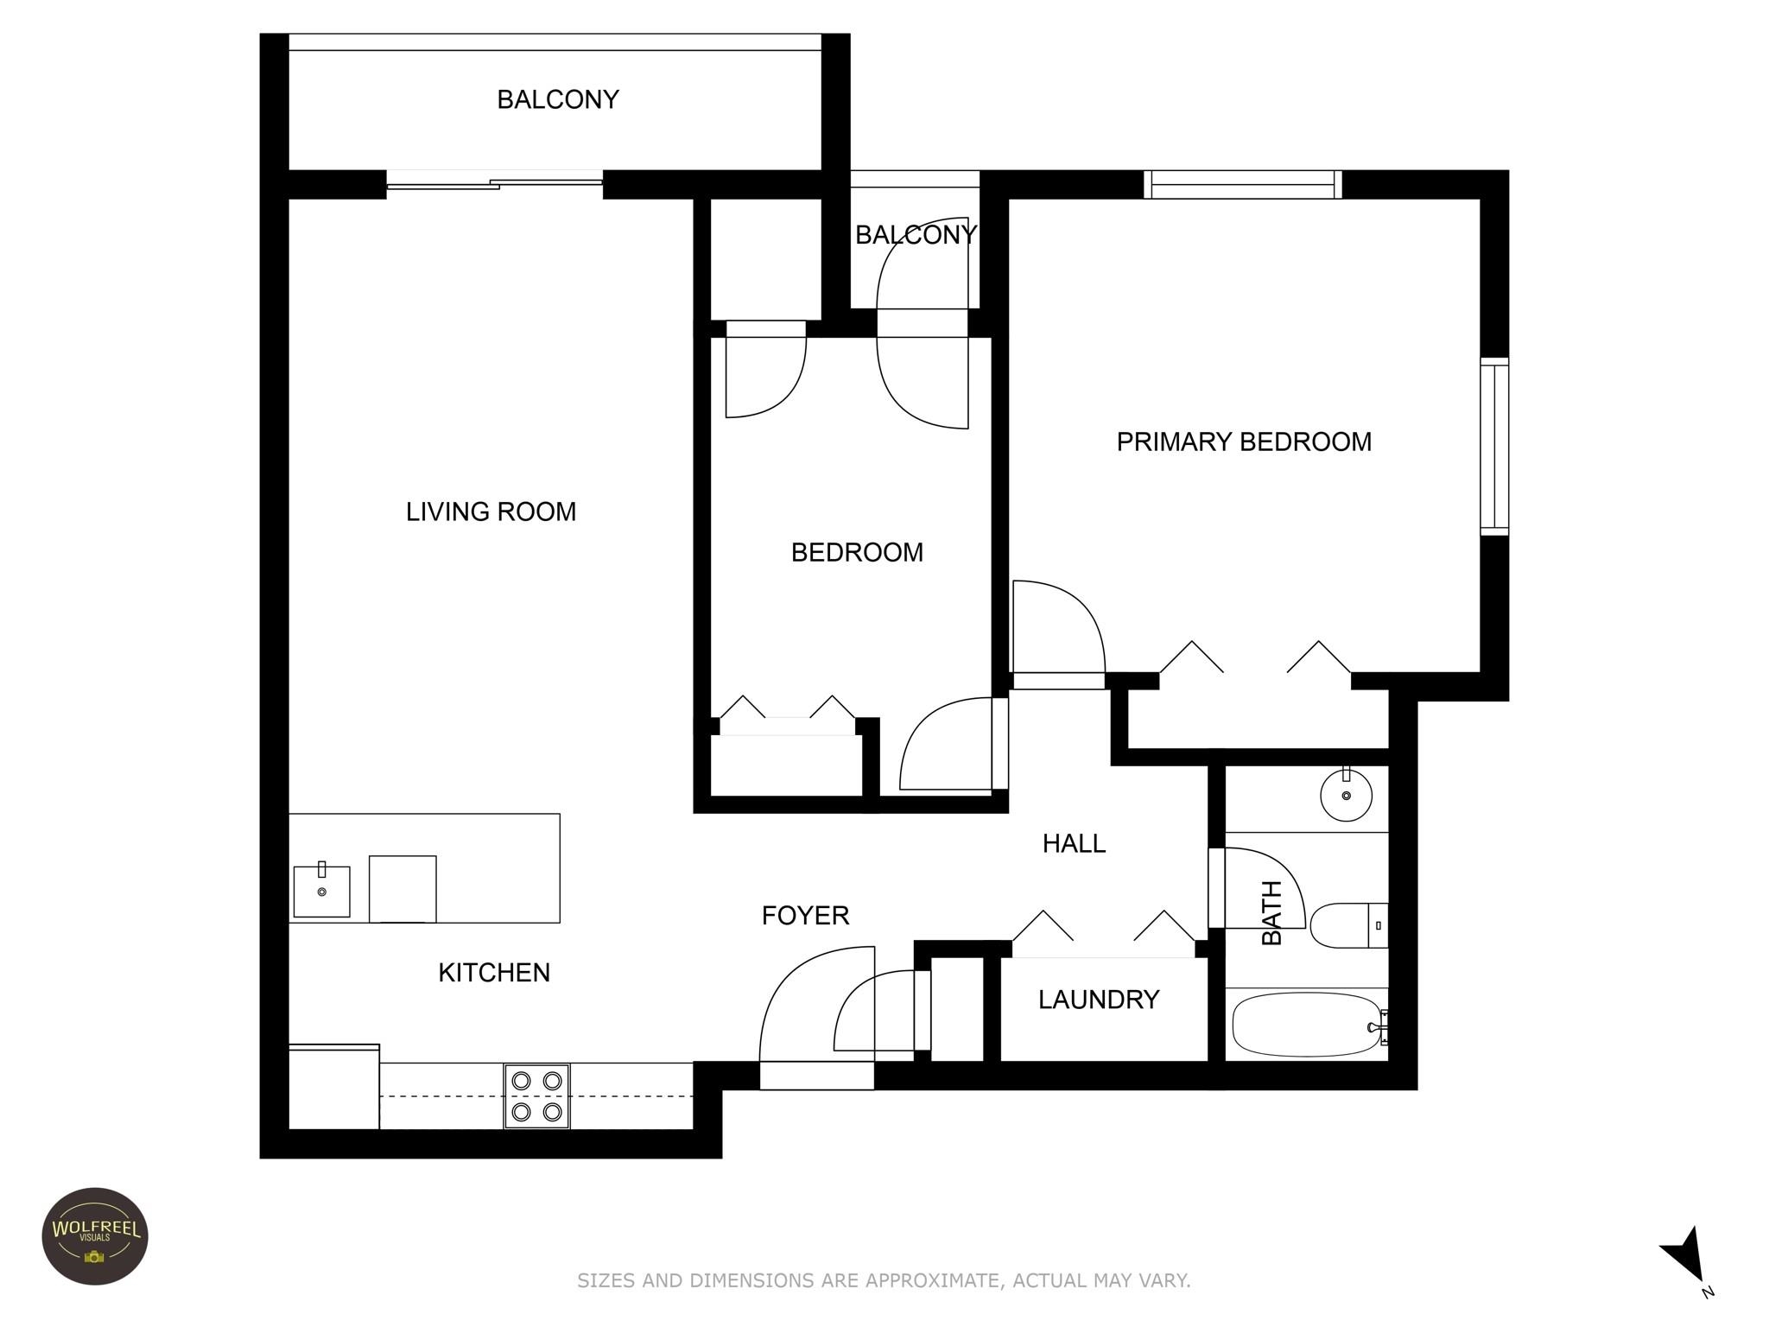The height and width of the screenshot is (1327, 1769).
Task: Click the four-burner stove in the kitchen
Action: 536,1095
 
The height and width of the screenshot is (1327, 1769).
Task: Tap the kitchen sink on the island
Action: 321,891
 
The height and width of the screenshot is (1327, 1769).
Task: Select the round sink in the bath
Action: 1346,795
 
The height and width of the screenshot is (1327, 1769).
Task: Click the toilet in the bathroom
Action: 1347,925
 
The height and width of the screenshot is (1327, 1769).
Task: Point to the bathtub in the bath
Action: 1305,1025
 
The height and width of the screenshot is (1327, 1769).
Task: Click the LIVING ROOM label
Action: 491,511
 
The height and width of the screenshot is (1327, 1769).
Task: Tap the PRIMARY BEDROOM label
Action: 1243,441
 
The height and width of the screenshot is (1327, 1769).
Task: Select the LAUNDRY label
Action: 1098,1000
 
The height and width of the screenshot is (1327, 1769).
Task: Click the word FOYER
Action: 805,915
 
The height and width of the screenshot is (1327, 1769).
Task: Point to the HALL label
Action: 1074,843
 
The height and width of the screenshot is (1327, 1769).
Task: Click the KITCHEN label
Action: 493,972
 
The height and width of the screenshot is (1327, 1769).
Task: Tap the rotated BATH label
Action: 1272,912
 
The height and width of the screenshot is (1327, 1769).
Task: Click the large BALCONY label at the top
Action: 557,99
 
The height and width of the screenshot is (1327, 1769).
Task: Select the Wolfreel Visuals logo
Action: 95,1235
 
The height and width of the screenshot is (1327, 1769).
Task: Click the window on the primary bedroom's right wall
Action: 1494,447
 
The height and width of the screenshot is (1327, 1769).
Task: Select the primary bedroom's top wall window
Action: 1242,184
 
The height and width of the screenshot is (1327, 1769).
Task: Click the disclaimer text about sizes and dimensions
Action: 884,1280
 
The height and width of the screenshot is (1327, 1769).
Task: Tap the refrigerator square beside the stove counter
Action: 333,1087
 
